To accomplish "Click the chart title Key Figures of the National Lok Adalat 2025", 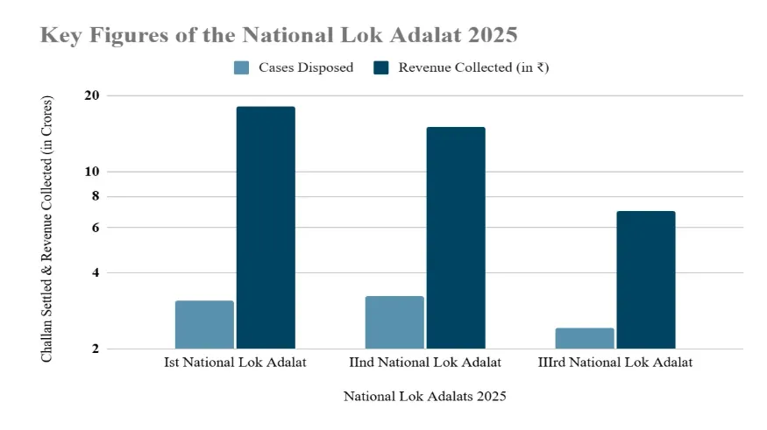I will click(279, 36).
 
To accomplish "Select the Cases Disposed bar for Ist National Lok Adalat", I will click(204, 325).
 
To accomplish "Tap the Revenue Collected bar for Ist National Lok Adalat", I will click(266, 228).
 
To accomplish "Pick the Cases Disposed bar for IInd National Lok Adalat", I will click(394, 322).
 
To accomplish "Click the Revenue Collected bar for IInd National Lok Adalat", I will click(456, 238).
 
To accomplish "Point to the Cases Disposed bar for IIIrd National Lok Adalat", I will click(585, 338).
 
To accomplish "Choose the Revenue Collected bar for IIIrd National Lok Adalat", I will click(646, 280).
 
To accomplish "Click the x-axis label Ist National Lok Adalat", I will click(235, 362).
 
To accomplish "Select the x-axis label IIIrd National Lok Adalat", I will click(615, 362).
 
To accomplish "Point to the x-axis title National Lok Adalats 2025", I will click(425, 397).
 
